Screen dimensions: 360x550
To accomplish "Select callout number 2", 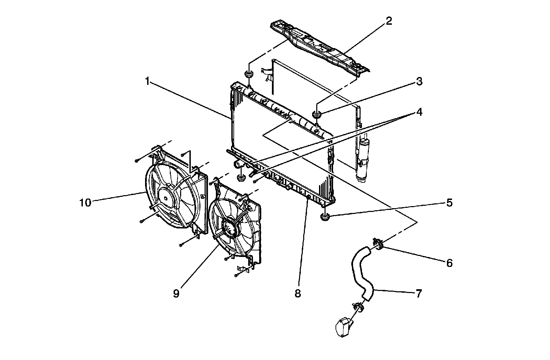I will [x=388, y=21].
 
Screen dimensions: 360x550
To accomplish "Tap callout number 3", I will [x=419, y=82].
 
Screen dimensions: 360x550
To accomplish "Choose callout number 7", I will [x=419, y=294].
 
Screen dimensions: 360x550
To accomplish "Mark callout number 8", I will [x=298, y=294].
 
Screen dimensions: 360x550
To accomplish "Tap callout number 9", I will [x=176, y=294].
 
